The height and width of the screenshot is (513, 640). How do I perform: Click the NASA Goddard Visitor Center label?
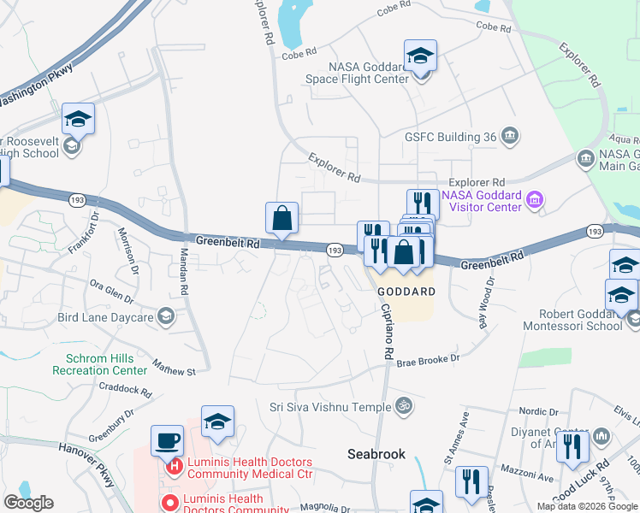tap(481, 201)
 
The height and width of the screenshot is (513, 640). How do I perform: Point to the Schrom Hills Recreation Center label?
tap(99, 365)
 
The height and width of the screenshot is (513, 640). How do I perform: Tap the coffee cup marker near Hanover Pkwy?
tap(167, 441)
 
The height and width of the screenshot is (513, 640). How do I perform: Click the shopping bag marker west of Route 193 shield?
tap(281, 219)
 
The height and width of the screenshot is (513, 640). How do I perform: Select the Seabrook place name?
tap(376, 454)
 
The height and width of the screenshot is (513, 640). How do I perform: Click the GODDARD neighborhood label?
tap(406, 291)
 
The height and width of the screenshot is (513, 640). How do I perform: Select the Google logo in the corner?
tap(28, 503)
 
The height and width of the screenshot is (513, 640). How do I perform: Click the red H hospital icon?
tap(174, 467)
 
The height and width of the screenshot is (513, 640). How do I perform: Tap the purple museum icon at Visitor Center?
tap(536, 201)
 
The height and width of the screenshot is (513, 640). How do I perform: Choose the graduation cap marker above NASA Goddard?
tap(420, 56)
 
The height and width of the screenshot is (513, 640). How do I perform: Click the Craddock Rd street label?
tap(125, 389)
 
